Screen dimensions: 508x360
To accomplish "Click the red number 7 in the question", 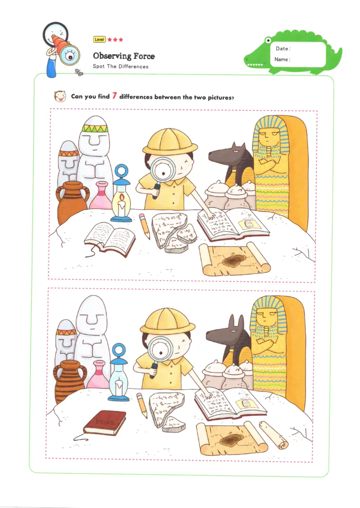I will click(x=114, y=95).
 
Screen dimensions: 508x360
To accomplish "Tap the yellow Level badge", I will click(x=99, y=40).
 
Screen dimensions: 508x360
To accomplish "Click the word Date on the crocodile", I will click(x=283, y=49).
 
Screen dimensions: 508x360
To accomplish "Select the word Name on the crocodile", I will click(x=282, y=59).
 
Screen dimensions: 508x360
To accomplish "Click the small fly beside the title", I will click(x=80, y=72).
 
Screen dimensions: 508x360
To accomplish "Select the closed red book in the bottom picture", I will click(x=99, y=423).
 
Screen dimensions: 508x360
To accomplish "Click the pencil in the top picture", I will click(x=145, y=225).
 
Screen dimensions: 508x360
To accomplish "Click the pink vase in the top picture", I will click(x=101, y=197).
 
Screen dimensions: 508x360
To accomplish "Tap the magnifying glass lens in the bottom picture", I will click(x=160, y=348).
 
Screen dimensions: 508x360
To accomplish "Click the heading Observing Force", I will click(x=124, y=56).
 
